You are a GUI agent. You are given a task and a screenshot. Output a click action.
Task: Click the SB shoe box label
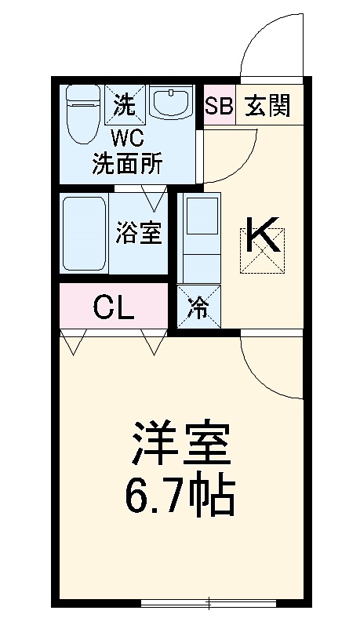point(219,107)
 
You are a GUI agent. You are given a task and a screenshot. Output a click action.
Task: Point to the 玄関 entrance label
point(267,107)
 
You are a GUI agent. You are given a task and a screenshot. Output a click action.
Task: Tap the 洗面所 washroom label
point(128,164)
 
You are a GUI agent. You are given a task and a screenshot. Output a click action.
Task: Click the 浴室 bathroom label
point(140,233)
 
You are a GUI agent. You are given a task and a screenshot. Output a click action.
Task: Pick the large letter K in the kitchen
point(263,236)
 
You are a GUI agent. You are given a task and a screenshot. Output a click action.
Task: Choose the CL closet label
point(114,307)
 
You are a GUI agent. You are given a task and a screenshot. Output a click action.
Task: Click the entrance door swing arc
point(268,48)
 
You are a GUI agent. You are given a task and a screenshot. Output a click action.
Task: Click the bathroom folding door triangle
point(153,198)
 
